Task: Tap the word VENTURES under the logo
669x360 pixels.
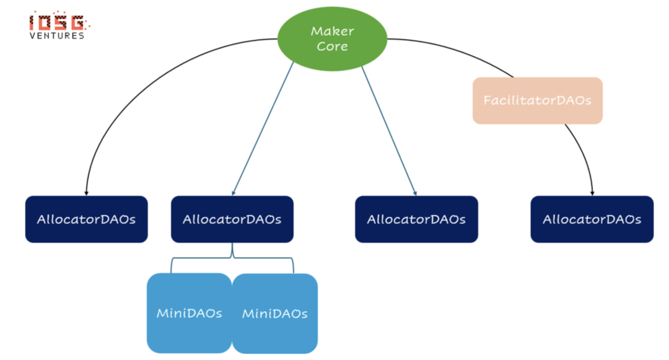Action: click(x=57, y=36)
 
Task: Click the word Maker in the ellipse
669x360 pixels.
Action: click(x=332, y=31)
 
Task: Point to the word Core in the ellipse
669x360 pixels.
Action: click(x=332, y=46)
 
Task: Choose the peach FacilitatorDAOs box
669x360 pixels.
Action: click(x=537, y=100)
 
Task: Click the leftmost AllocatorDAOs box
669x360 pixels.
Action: click(x=86, y=219)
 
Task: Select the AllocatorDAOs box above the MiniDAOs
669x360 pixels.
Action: click(x=232, y=219)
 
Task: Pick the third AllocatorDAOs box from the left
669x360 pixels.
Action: click(x=416, y=219)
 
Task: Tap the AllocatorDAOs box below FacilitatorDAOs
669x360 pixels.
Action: click(x=592, y=219)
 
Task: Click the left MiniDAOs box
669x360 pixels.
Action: click(x=189, y=313)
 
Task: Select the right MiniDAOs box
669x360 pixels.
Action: click(x=274, y=314)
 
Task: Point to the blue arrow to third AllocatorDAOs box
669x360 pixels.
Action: click(x=388, y=130)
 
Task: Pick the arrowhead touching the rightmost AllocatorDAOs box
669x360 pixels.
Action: click(x=592, y=191)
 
